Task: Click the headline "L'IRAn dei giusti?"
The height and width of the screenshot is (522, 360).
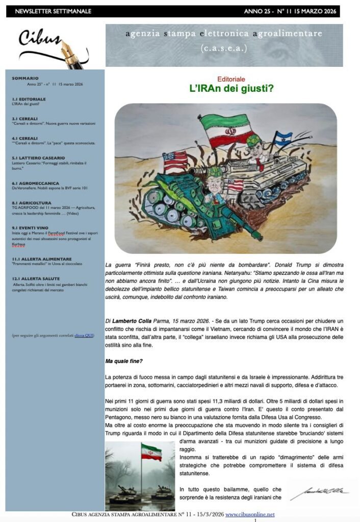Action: pyautogui.click(x=224, y=89)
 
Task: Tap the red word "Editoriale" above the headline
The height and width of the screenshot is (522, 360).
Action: pyautogui.click(x=231, y=79)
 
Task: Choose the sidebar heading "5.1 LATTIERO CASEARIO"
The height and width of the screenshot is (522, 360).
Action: pyautogui.click(x=38, y=158)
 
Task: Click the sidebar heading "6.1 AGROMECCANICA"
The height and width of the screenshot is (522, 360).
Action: pyautogui.click(x=35, y=183)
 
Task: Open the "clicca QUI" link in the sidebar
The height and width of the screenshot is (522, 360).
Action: pyautogui.click(x=84, y=335)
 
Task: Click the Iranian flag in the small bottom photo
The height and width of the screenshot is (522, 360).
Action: pyautogui.click(x=151, y=452)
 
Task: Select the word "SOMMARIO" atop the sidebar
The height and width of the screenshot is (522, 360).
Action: pyautogui.click(x=25, y=78)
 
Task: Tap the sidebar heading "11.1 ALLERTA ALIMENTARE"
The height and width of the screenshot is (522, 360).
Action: pyautogui.click(x=42, y=259)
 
